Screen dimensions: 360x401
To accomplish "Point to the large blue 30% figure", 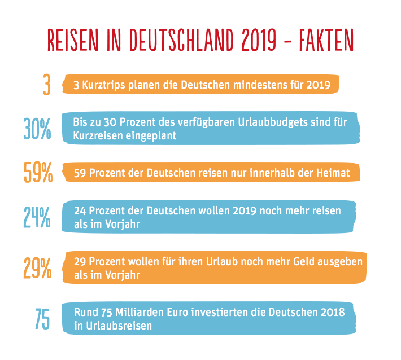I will (x=37, y=129).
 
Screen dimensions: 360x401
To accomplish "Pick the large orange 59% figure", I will (x=38, y=173).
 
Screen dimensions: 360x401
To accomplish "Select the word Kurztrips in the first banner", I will (x=102, y=86).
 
